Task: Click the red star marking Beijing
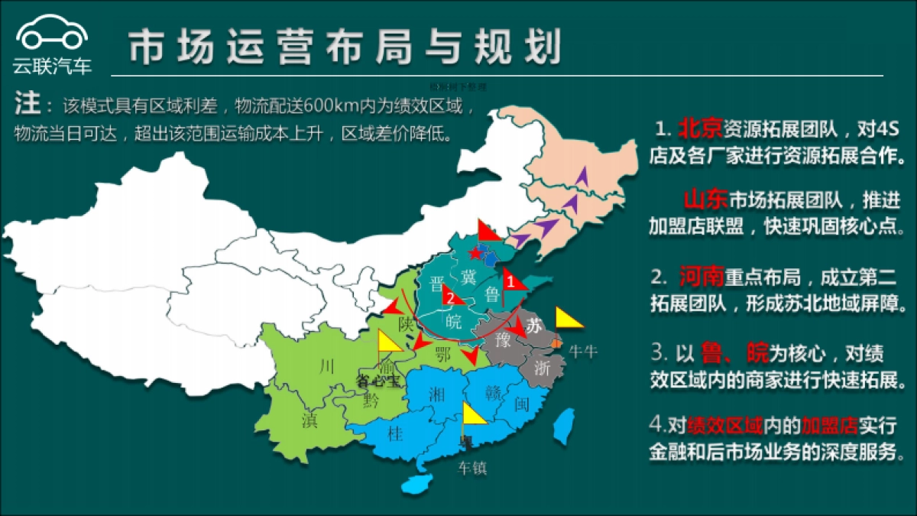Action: (476, 252)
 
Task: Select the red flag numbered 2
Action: (453, 294)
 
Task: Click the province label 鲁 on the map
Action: (492, 295)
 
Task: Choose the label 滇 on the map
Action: (309, 421)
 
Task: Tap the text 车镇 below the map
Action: (472, 468)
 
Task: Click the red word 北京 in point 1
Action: (700, 125)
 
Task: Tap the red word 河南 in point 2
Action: (701, 276)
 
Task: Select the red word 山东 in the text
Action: (704, 200)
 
